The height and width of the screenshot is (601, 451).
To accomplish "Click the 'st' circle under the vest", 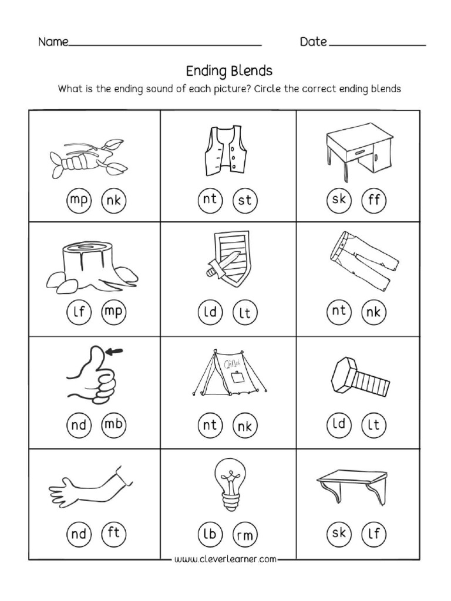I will coord(244,201).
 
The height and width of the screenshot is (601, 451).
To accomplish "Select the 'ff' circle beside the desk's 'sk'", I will coord(373,201).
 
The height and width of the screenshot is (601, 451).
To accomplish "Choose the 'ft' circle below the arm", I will coord(114,534).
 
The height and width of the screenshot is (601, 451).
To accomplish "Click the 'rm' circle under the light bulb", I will coord(244,535).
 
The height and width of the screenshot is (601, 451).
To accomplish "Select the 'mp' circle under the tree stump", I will coord(114,312).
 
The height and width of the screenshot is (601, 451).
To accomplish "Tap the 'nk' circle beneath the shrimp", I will coord(114,201).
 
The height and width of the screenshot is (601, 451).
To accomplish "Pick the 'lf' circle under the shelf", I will coord(373,534).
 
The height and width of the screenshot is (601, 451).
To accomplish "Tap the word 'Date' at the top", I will coord(314,42).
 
